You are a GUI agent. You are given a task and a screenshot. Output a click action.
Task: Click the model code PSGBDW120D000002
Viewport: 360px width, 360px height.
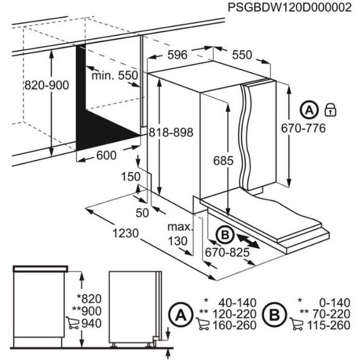point(290,8)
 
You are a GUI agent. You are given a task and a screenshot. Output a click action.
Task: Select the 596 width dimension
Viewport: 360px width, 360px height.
point(177,55)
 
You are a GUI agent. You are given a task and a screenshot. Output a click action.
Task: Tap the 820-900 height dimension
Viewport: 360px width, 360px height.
point(47,85)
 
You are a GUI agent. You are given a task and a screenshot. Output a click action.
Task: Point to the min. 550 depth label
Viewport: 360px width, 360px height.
point(115,75)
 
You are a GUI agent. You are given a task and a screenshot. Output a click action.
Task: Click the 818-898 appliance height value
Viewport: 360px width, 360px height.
point(171,133)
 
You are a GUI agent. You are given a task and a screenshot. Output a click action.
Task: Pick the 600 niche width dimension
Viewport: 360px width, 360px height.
point(106,155)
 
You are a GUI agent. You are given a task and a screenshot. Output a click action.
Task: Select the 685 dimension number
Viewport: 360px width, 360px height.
point(223,160)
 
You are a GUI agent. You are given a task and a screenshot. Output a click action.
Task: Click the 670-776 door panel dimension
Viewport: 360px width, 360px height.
point(303,128)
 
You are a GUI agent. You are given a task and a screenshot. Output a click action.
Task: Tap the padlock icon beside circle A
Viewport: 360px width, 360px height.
point(330,110)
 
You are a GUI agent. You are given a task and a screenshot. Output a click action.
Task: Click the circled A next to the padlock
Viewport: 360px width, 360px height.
point(309,111)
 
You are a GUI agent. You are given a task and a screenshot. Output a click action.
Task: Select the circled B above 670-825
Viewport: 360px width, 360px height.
point(225,235)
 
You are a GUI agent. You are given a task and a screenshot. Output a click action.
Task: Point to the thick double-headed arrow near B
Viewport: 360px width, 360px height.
point(248,241)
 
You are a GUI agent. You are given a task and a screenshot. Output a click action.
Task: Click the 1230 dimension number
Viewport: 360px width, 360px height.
point(125,233)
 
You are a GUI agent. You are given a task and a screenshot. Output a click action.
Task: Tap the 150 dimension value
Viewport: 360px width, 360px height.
point(131,177)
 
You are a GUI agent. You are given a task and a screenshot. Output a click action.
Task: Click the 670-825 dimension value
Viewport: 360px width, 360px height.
point(227,253)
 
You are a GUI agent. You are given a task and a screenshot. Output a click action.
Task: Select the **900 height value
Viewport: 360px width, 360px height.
point(87,311)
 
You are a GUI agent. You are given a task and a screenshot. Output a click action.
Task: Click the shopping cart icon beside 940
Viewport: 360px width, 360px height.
point(73,323)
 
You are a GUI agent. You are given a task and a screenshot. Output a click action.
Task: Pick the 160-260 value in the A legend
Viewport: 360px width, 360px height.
point(235,326)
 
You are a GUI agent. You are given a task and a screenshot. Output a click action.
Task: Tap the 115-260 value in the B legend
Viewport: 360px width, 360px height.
point(329,326)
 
